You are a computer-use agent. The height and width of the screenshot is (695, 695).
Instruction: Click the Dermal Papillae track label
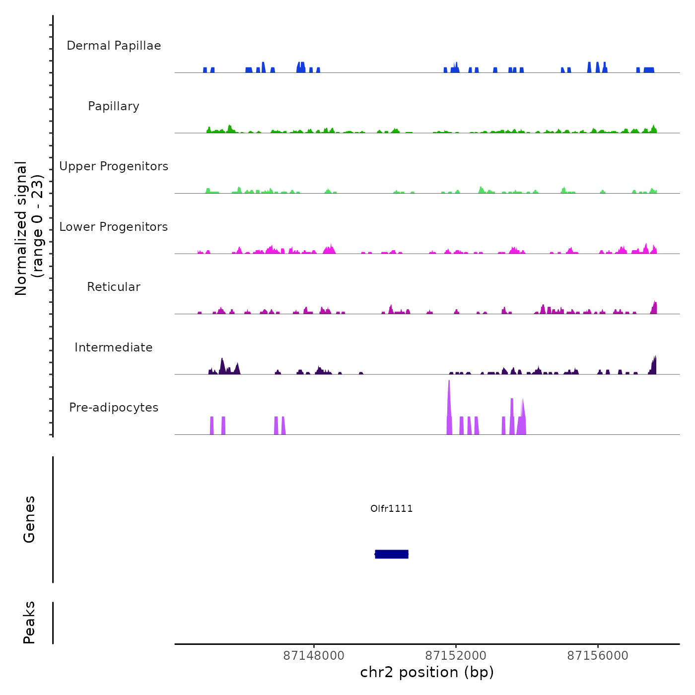[x=114, y=46]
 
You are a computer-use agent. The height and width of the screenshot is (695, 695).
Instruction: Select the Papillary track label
[x=114, y=106]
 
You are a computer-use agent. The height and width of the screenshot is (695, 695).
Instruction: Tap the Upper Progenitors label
[x=114, y=166]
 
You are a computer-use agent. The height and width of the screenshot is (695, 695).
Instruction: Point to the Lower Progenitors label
[x=114, y=227]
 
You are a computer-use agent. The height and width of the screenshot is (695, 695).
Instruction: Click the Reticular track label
[x=114, y=287]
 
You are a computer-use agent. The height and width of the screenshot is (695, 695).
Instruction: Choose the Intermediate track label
[x=114, y=347]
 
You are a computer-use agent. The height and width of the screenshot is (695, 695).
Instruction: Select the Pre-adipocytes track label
[x=114, y=408]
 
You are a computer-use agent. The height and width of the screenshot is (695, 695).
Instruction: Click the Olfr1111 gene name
[x=392, y=508]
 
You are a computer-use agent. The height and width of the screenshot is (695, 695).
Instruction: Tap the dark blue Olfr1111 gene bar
[x=392, y=554]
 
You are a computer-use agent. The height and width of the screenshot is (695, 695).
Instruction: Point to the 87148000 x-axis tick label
[x=314, y=656]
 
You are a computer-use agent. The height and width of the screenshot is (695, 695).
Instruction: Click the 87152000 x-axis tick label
[x=456, y=656]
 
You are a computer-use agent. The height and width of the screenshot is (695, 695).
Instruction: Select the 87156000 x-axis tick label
[x=598, y=656]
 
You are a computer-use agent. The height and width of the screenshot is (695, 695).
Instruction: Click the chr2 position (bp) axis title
[x=427, y=672]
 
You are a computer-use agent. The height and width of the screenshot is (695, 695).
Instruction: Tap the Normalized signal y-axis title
[x=29, y=228]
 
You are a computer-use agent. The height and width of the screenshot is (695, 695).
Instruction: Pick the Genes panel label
[x=29, y=519]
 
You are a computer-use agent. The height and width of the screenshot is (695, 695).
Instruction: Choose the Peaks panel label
[x=29, y=623]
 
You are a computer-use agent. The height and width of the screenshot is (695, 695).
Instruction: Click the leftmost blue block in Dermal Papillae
[x=205, y=70]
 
